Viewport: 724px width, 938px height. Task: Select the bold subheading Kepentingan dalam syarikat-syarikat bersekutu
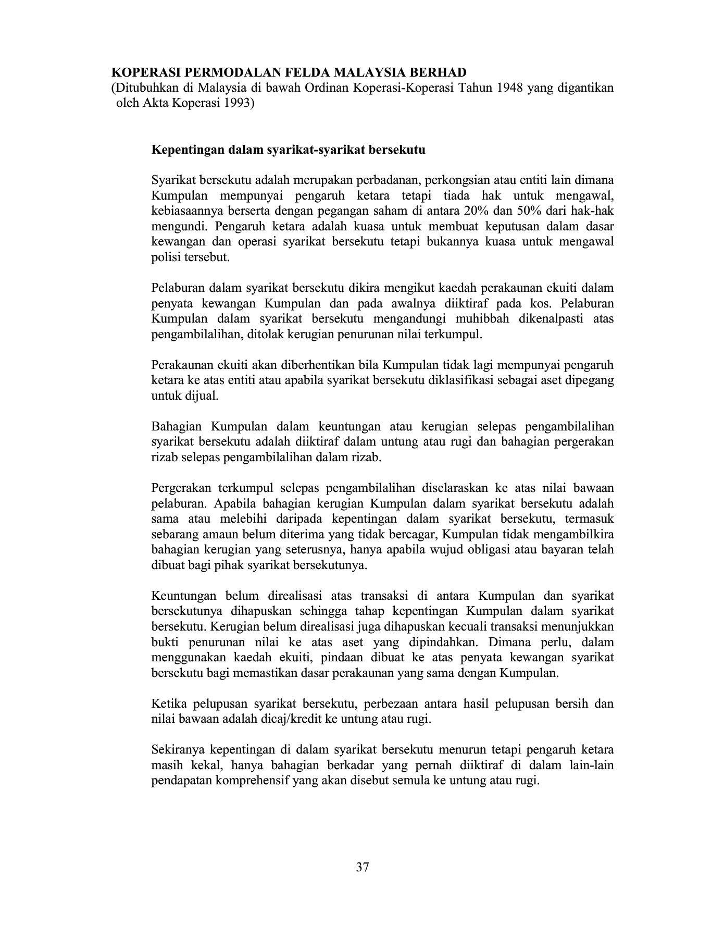(288, 150)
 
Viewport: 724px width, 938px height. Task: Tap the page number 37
(363, 867)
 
